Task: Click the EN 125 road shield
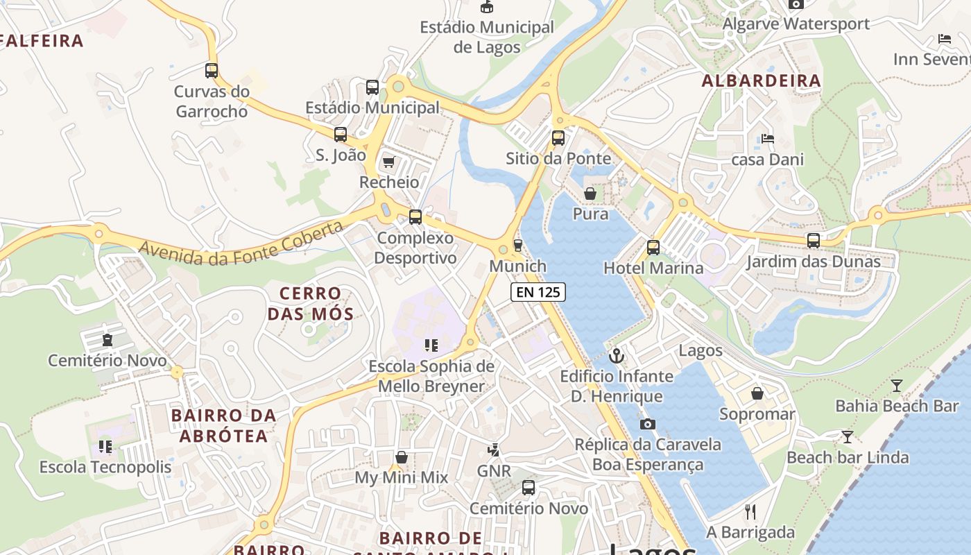pyautogui.click(x=538, y=292)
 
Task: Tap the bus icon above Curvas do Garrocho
pyautogui.click(x=212, y=70)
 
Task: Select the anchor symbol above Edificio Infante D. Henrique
pyautogui.click(x=616, y=356)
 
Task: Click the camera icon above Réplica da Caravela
pyautogui.click(x=647, y=424)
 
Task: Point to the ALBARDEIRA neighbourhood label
pyautogui.click(x=761, y=80)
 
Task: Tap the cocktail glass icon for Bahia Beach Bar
pyautogui.click(x=896, y=385)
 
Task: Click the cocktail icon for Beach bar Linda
pyautogui.click(x=847, y=436)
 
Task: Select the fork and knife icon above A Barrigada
pyautogui.click(x=750, y=512)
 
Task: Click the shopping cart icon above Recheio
pyautogui.click(x=388, y=162)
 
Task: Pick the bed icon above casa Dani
pyautogui.click(x=767, y=138)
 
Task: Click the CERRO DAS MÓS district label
pyautogui.click(x=311, y=303)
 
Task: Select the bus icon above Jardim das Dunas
pyautogui.click(x=813, y=241)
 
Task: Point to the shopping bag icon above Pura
pyautogui.click(x=590, y=193)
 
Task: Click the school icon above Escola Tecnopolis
pyautogui.click(x=105, y=446)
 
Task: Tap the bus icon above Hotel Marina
pyautogui.click(x=653, y=247)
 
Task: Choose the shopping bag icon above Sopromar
pyautogui.click(x=757, y=393)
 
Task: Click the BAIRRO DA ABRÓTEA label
pyautogui.click(x=223, y=425)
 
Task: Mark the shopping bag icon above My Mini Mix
pyautogui.click(x=401, y=457)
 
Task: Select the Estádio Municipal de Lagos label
pyautogui.click(x=487, y=37)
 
